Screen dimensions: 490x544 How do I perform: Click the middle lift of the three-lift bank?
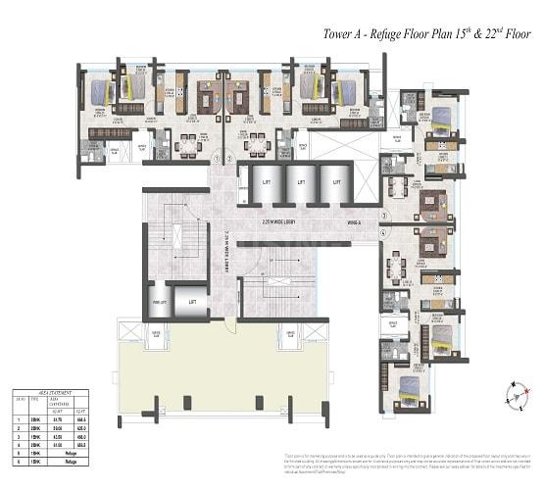300,183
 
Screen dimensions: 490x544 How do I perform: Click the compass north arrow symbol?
509,394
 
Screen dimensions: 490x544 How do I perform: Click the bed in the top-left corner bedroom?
101,92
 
